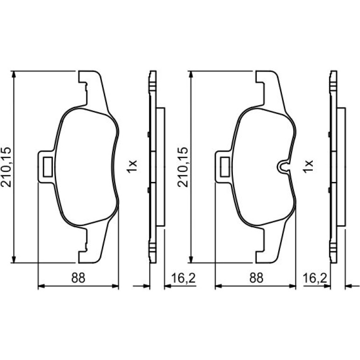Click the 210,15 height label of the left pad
click(x=6, y=167)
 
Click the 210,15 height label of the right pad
click(x=183, y=167)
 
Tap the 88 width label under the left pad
click(x=78, y=278)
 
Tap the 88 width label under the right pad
click(x=256, y=278)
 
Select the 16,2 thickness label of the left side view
click(x=183, y=278)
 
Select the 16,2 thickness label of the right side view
click(x=315, y=278)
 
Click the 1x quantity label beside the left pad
click(x=132, y=166)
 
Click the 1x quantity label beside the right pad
click(x=309, y=166)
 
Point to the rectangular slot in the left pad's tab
click(x=48, y=167)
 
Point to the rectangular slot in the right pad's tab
click(x=225, y=167)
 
